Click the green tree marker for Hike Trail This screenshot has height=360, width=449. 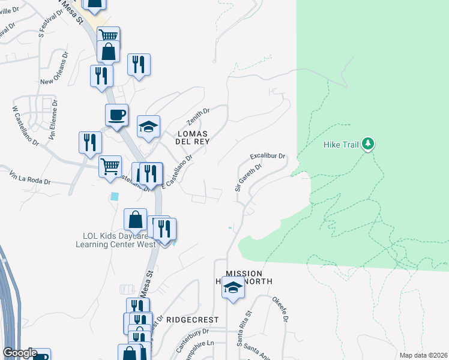[368, 144]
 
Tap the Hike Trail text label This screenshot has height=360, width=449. [340, 145]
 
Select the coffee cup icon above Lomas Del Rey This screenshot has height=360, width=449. [116, 115]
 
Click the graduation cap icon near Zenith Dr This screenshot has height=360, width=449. [148, 127]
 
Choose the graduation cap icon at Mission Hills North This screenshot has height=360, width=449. [233, 287]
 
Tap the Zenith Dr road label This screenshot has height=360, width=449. [196, 115]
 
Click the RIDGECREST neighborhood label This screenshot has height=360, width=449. [192, 320]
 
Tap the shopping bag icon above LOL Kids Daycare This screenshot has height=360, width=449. [136, 220]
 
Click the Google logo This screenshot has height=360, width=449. [20, 353]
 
